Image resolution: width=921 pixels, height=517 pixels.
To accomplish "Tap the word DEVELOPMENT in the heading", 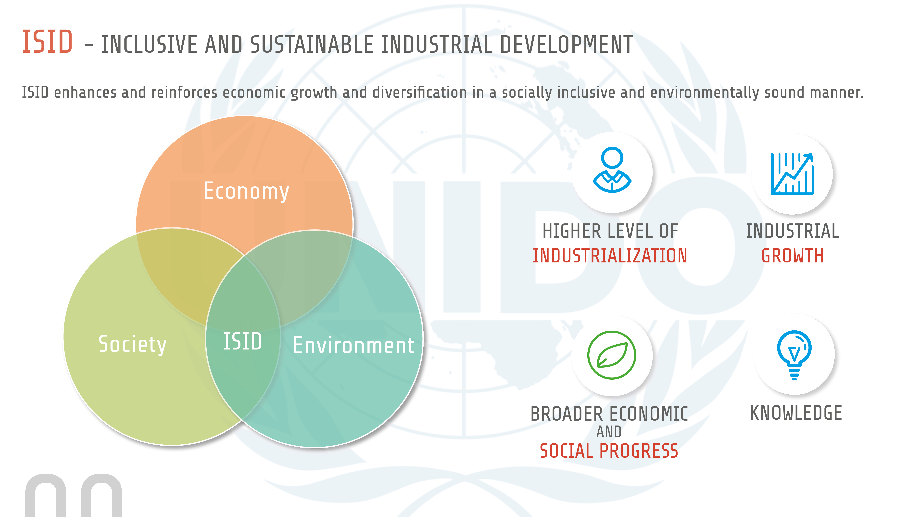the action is click(x=567, y=45).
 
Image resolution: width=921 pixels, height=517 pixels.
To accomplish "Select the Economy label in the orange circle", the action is click(x=246, y=191).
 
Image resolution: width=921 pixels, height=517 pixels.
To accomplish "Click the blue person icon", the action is click(x=612, y=170).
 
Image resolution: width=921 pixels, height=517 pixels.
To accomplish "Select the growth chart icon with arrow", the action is click(x=792, y=174).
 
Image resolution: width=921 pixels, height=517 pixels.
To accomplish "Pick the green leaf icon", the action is click(x=612, y=355).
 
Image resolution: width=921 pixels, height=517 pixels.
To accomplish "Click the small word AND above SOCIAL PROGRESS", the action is click(x=609, y=432).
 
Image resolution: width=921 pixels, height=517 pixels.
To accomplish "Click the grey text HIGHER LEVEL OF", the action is click(x=610, y=231).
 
